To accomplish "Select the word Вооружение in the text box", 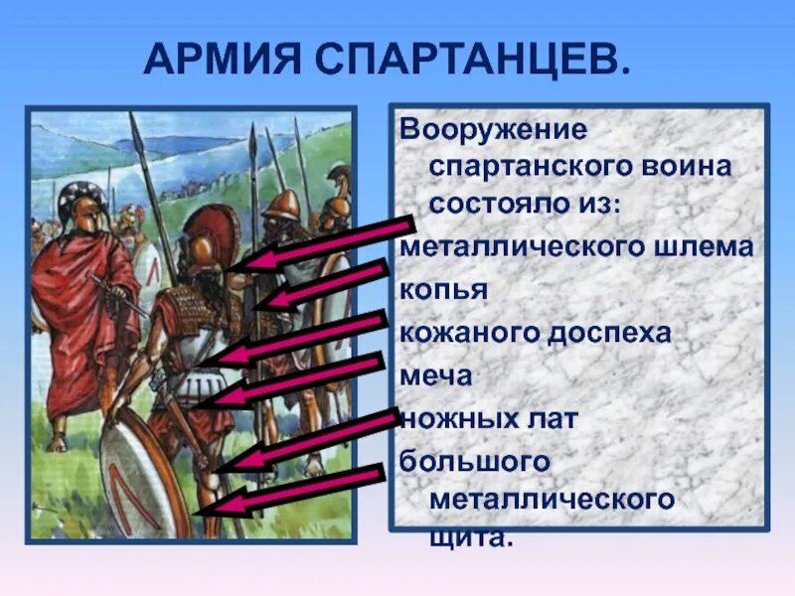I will (493, 131).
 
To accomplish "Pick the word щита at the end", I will (471, 535).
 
